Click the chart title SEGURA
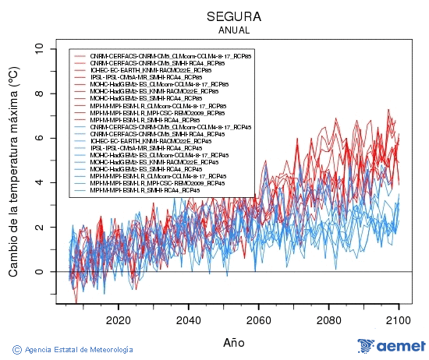tap(234, 16)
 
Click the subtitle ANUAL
tap(234, 30)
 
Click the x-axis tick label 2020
tap(118, 320)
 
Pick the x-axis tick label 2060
tap(258, 320)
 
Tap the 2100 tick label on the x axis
tap(399, 320)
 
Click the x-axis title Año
tap(234, 341)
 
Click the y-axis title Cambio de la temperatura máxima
tap(13, 172)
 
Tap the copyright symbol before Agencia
tap(17, 349)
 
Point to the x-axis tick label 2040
tap(188, 320)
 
